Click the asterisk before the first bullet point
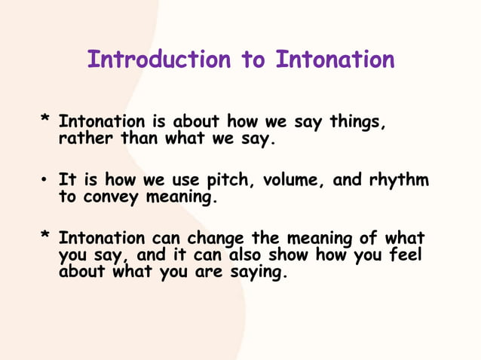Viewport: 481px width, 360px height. click(x=46, y=121)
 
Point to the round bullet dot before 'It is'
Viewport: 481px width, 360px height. click(x=46, y=182)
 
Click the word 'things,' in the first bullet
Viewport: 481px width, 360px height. click(x=356, y=121)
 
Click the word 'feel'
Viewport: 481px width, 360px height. click(x=405, y=256)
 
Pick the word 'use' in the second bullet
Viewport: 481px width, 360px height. click(x=177, y=181)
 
